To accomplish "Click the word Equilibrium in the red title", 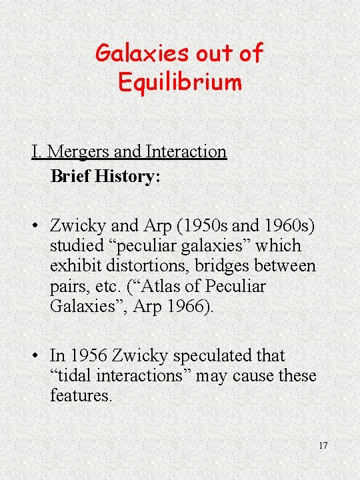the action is (179, 83).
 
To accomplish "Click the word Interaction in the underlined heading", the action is (187, 152).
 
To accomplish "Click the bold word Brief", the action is (71, 177).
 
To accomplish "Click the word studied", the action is (77, 246).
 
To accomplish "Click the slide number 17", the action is (323, 445).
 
